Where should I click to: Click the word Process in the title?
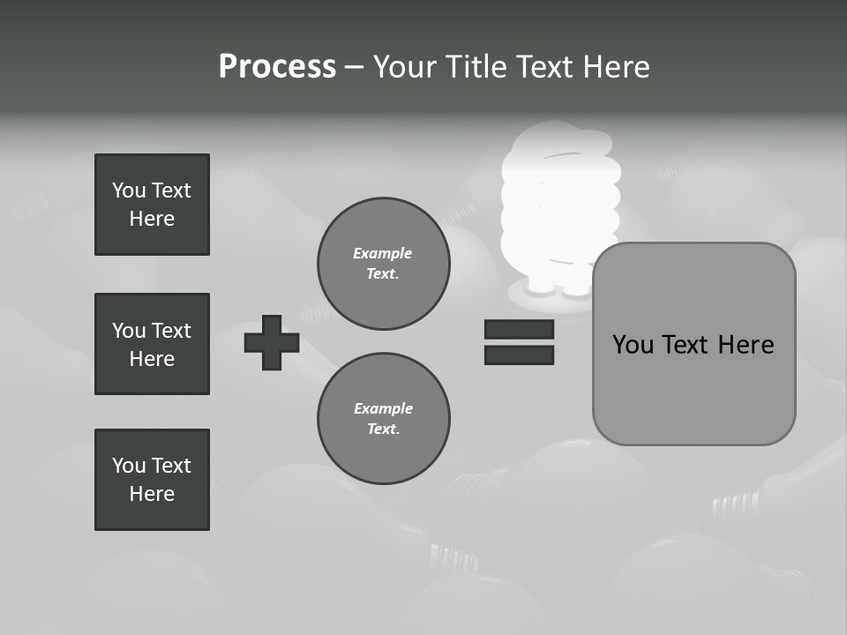tap(277, 67)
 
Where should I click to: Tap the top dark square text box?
tap(152, 205)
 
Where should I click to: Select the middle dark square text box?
tap(152, 344)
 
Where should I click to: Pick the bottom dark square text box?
tap(152, 480)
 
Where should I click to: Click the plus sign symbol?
tap(272, 342)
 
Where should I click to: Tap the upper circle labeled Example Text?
tap(383, 264)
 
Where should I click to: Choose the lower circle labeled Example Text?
tap(383, 418)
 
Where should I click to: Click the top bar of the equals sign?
tap(519, 330)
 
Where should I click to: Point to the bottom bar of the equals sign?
tap(519, 355)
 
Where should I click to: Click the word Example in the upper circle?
tap(382, 253)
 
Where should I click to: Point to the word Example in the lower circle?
tap(383, 408)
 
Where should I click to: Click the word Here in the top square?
tap(152, 219)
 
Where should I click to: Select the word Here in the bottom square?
tap(152, 494)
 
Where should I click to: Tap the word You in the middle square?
tap(128, 331)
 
